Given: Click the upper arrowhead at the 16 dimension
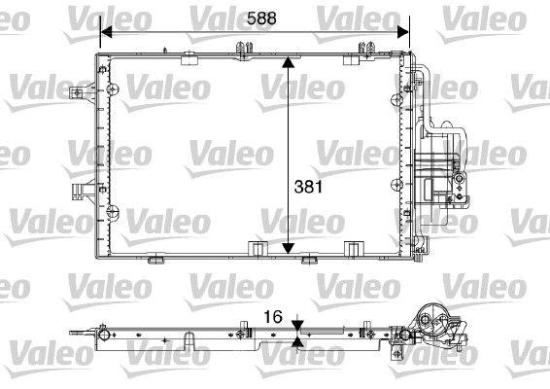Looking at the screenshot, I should pos(298,324).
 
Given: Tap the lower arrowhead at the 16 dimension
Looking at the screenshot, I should pos(298,343).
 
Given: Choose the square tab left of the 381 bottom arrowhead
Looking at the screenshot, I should pos(255,251).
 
